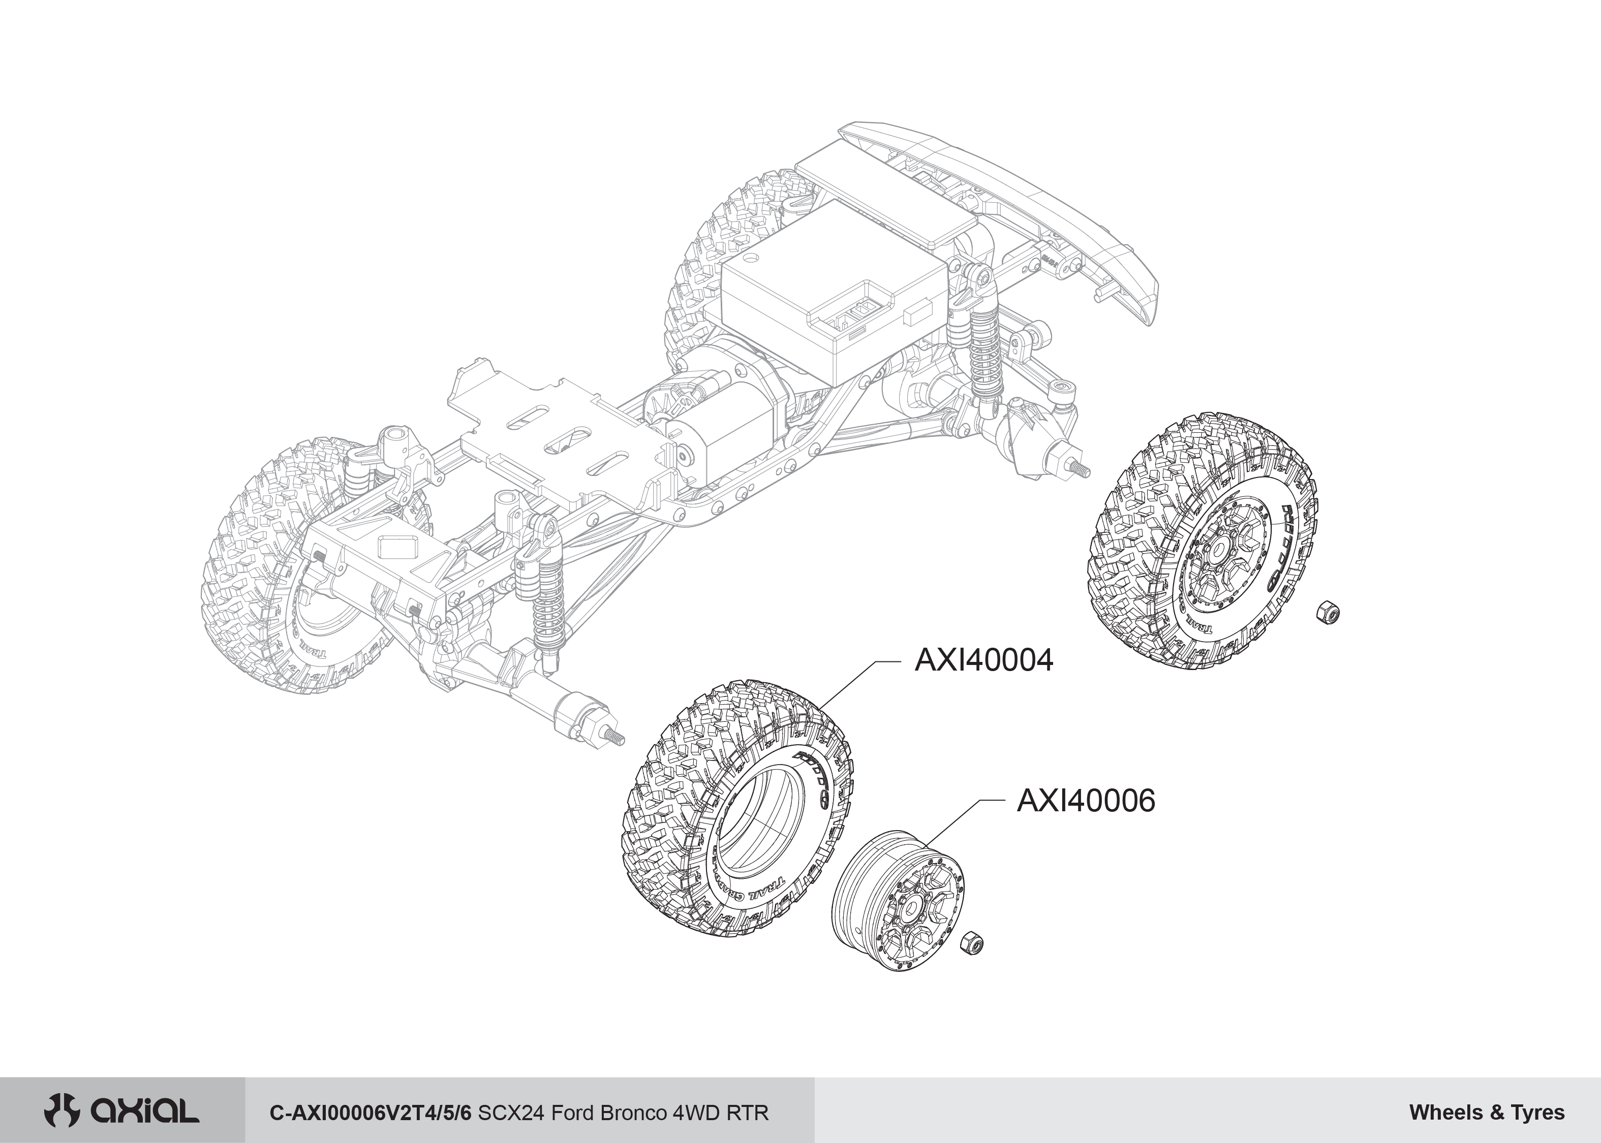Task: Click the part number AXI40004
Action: tap(983, 661)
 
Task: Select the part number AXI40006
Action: tap(1086, 801)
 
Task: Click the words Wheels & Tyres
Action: tap(1487, 1113)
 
